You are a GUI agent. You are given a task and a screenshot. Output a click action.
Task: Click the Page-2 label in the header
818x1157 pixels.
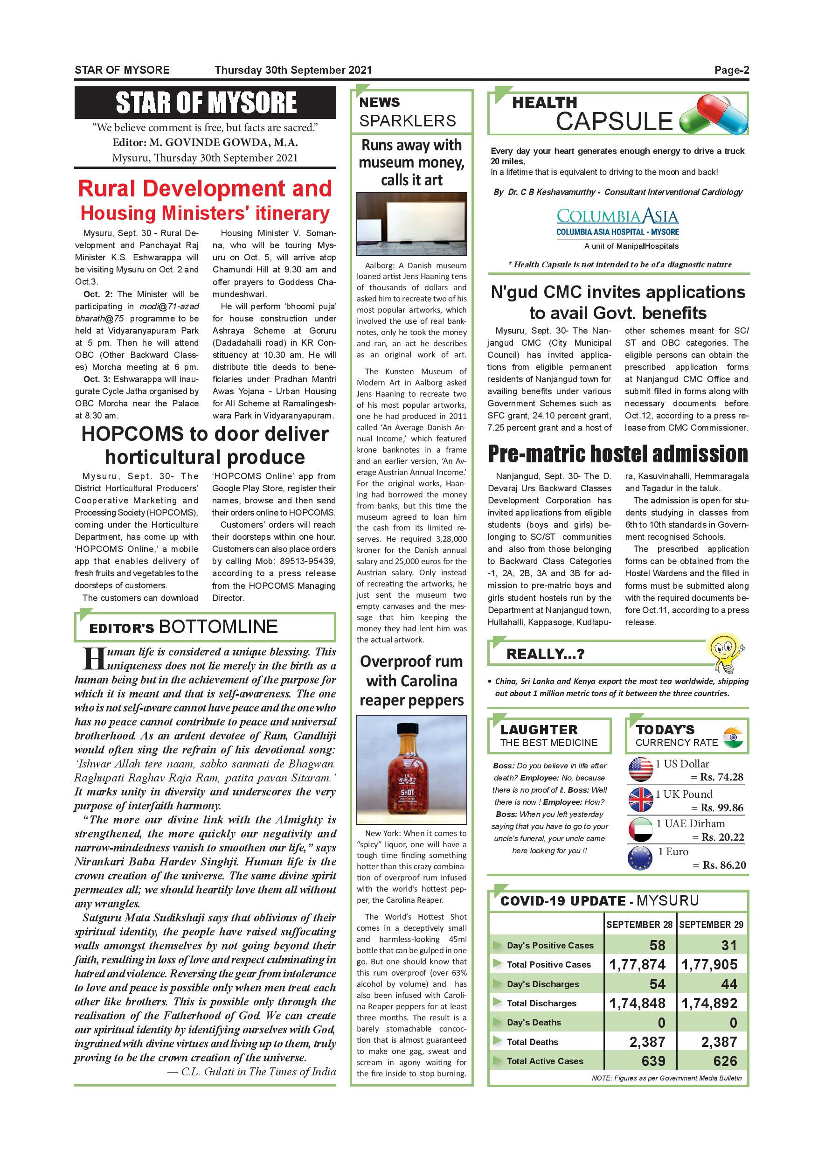click(x=731, y=70)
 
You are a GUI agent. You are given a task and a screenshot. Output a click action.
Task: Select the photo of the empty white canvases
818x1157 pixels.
click(x=411, y=224)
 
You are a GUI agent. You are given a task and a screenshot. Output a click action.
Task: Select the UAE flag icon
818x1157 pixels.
click(x=641, y=829)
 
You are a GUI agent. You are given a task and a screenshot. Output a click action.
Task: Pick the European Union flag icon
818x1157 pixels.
click(x=640, y=858)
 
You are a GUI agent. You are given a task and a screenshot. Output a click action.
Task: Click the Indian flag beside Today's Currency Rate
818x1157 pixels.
click(x=733, y=737)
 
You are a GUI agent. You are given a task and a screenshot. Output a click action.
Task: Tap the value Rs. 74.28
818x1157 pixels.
click(x=721, y=777)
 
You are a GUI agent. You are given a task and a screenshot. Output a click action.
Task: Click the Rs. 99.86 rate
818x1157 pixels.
click(x=721, y=808)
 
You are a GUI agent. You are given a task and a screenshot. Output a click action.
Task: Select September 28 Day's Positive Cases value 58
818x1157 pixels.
click(x=657, y=945)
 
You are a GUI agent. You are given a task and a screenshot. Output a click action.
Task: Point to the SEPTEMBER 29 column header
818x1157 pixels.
click(x=711, y=925)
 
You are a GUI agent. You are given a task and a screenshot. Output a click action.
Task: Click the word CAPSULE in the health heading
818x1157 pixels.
click(x=614, y=121)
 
